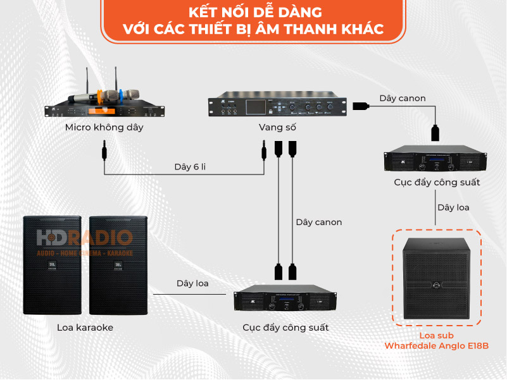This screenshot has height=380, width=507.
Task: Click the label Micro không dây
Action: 104,127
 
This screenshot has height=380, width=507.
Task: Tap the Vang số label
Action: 277,127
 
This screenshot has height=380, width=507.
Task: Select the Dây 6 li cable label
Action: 190,167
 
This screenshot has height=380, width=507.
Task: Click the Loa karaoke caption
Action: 85,328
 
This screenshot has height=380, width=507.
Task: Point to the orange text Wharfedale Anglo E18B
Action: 437,346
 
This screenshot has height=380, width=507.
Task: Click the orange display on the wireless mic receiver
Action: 101,111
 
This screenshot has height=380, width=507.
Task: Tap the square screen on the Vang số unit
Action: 256,107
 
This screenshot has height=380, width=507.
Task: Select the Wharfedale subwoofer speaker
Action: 437,279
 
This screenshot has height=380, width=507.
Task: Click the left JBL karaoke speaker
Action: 52,265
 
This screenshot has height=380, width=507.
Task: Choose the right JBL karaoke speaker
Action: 118,265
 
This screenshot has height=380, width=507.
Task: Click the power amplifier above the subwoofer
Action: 435,158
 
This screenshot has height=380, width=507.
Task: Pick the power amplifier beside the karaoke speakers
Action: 285,298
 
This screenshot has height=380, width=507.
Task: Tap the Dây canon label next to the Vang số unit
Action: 403,98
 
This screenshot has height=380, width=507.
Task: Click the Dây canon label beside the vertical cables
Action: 319,223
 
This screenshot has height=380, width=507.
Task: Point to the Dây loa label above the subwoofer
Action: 453,207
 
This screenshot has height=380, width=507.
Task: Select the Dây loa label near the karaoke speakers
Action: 192,283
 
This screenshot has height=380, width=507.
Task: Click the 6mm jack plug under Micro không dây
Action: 104,150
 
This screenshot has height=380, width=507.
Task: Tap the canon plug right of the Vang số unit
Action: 361,106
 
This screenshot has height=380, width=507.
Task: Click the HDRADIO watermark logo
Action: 85,243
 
